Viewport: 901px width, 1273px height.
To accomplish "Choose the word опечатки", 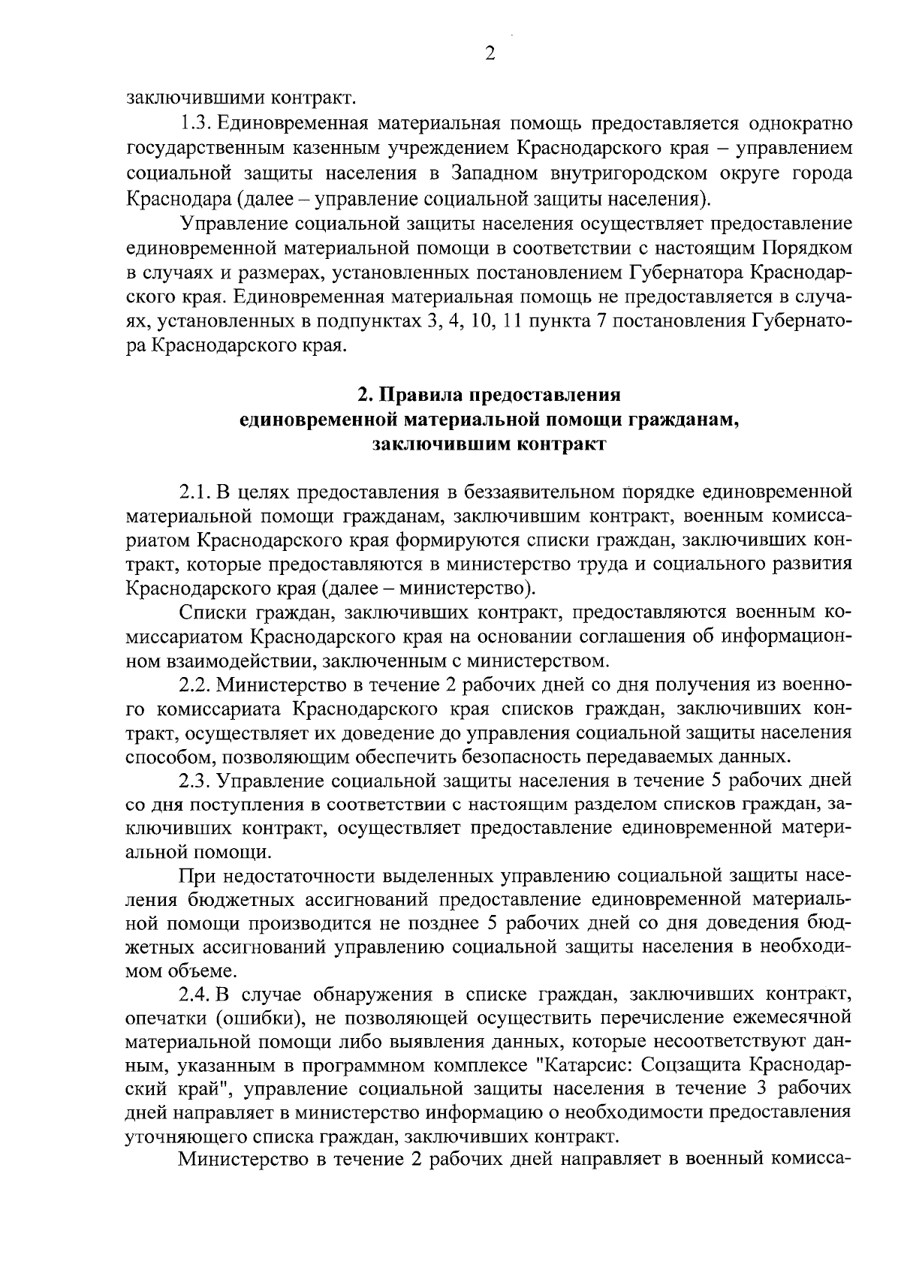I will (x=159, y=1020).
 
